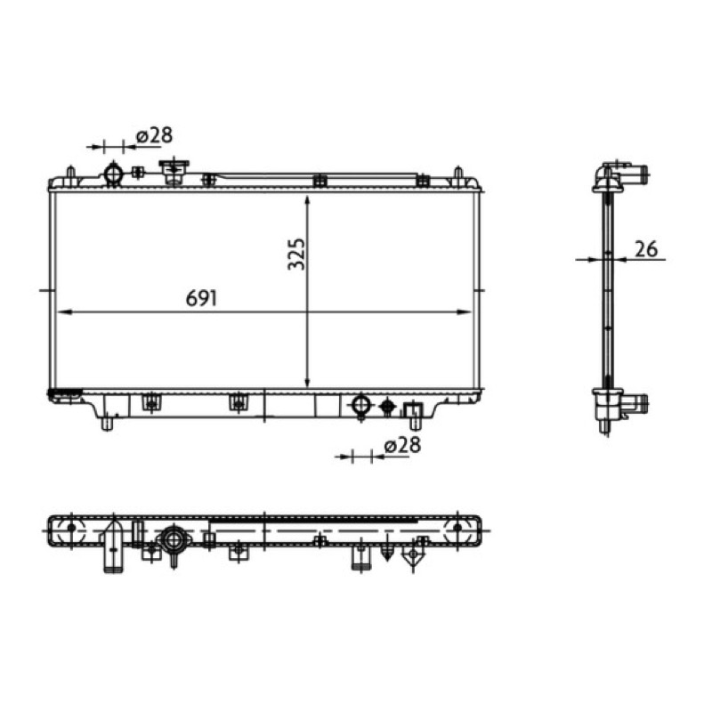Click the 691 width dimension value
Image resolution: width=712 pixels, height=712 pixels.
point(202,298)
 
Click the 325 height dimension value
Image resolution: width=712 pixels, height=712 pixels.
point(297,254)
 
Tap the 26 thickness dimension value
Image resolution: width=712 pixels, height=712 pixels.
point(646,249)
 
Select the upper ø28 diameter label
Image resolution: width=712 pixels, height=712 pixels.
point(154,135)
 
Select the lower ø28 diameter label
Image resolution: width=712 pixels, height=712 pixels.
point(402,445)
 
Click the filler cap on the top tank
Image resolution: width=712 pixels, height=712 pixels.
point(174,172)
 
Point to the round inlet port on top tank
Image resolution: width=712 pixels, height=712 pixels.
point(113,174)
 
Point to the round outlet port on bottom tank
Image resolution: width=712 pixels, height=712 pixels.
point(361,405)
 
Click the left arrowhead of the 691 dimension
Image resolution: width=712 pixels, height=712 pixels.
point(62,312)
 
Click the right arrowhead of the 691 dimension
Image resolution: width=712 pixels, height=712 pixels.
point(464,312)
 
